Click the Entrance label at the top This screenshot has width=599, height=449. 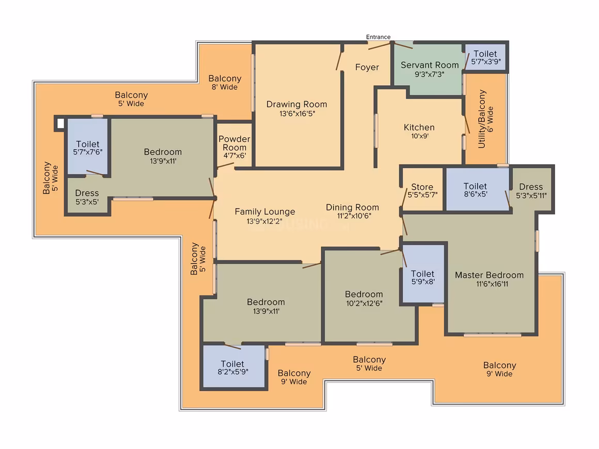(x=378, y=37)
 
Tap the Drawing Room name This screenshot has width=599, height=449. (x=296, y=104)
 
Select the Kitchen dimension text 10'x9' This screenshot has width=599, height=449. (x=419, y=136)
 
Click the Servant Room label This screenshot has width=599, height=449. (x=430, y=65)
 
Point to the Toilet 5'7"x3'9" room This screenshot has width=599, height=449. (x=485, y=57)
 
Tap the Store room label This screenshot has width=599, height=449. (x=422, y=187)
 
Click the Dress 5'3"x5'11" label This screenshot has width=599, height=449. (x=531, y=191)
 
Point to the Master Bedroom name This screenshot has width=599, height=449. (x=489, y=275)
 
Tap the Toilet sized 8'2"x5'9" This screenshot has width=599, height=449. (x=233, y=367)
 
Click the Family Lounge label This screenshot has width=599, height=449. (x=265, y=212)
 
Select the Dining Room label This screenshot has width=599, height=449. (x=352, y=207)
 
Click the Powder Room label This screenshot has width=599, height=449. (x=234, y=143)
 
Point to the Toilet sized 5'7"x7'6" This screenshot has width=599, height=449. (x=87, y=148)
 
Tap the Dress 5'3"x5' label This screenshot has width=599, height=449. (x=87, y=197)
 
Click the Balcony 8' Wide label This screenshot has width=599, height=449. (x=225, y=82)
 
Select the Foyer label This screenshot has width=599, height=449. (x=367, y=67)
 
